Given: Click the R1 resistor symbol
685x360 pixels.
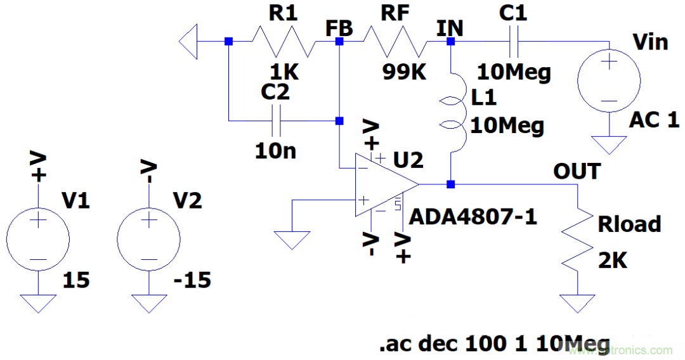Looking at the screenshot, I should coord(284,42).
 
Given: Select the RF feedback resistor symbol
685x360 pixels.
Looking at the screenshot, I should coord(395,42).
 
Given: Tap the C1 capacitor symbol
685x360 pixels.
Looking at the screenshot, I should coord(514,42).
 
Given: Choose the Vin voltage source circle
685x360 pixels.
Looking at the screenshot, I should coord(609,80).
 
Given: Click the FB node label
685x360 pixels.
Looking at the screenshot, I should coord(339,29).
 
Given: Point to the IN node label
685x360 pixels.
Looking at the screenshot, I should coord(450,29).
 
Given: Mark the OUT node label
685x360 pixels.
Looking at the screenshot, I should coord(577,171).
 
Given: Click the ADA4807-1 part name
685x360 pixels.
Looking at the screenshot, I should coord(473,217).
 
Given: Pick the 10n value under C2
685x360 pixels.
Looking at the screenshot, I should coord(275,151).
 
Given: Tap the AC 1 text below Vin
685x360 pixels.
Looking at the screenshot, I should coord(654,120).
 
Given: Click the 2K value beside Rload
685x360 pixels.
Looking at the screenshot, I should coord(612,260).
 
